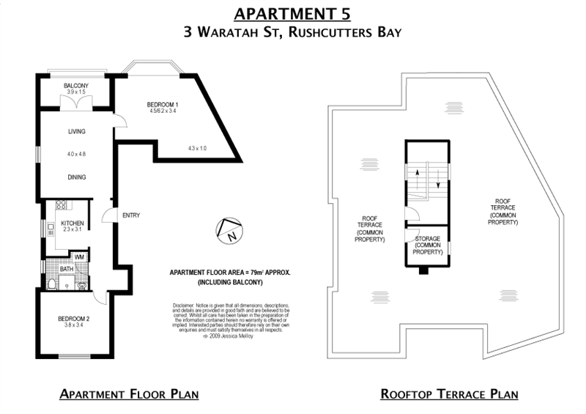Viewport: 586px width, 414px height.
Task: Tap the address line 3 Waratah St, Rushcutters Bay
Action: (293, 33)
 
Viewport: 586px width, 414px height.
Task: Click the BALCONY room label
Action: (75, 86)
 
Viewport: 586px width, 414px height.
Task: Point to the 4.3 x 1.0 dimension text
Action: (198, 149)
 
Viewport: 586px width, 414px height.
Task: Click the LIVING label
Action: (77, 132)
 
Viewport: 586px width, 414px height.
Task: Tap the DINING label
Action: (77, 177)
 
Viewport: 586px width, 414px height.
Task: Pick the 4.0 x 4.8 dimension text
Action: (77, 155)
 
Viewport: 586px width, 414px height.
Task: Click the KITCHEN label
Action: (73, 223)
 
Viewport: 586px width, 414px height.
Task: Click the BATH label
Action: (66, 269)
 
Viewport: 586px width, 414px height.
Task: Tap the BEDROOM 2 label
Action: (73, 319)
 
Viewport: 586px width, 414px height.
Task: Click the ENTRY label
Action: (131, 215)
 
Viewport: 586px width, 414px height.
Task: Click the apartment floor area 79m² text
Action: (231, 272)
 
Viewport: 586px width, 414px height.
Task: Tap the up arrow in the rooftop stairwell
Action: (418, 175)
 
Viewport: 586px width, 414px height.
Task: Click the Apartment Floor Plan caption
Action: (130, 394)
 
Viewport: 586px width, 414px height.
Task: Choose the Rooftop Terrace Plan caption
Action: (449, 394)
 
